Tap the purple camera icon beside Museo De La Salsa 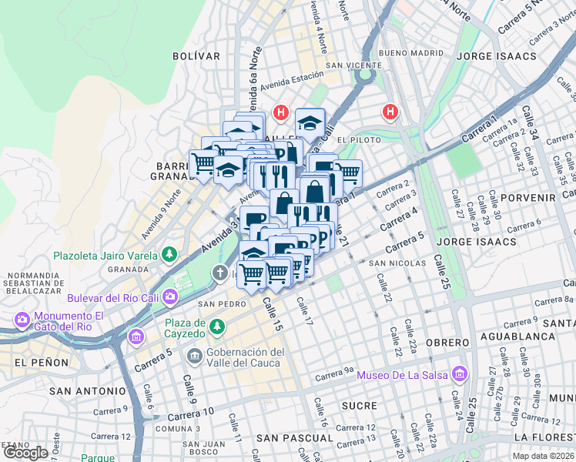click(460, 375)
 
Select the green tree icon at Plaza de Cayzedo click(218, 328)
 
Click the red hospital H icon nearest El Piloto click(390, 113)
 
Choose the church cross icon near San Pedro click(219, 273)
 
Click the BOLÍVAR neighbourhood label click(196, 56)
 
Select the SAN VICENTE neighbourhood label click(350, 65)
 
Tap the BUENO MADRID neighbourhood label click(412, 53)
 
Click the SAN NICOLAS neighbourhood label click(399, 263)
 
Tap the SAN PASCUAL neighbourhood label click(295, 438)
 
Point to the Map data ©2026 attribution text click(543, 456)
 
